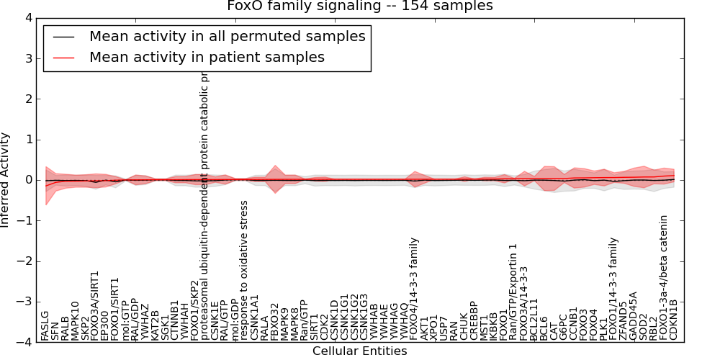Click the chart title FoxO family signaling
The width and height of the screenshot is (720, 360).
[360, 6]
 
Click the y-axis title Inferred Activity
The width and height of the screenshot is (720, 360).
[6, 180]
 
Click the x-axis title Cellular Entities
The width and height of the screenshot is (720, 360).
[359, 351]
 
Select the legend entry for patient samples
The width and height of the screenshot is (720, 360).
[207, 57]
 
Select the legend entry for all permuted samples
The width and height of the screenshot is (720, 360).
[227, 36]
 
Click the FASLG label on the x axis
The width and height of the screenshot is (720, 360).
[45, 325]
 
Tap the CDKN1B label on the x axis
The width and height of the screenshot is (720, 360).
[674, 320]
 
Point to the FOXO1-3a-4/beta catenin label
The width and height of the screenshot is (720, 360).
[664, 277]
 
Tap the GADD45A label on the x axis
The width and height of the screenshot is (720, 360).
[634, 316]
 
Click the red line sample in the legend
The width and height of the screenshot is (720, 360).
[63, 57]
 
